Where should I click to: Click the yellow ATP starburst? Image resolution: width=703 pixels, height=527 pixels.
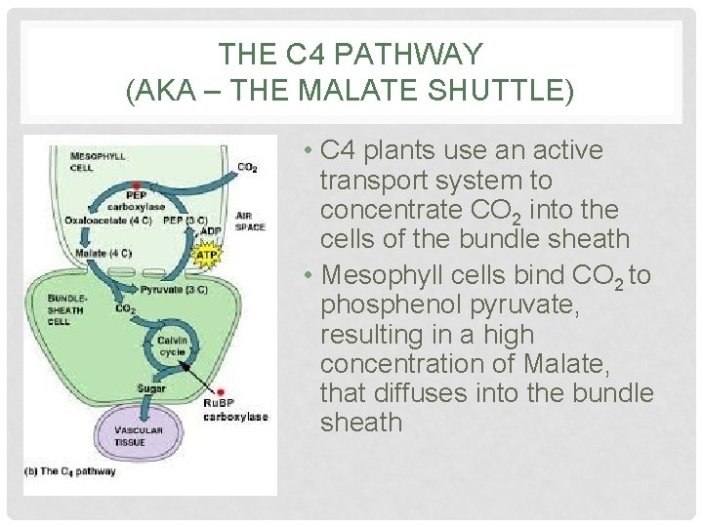tap(207, 256)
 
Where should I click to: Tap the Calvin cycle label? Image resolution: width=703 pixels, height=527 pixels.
tap(172, 345)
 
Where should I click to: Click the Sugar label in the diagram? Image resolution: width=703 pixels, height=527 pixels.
tap(151, 389)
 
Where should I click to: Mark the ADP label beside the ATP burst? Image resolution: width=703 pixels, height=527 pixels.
tap(210, 232)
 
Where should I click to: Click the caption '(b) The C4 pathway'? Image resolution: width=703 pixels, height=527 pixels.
tap(70, 471)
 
